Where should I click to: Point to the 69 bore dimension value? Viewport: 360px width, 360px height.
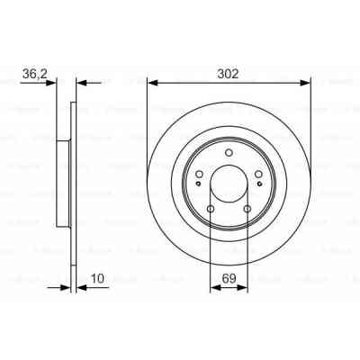[x=229, y=278]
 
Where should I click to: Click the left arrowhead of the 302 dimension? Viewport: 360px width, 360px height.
[x=151, y=84]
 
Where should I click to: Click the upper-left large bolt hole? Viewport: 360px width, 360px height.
[x=199, y=175]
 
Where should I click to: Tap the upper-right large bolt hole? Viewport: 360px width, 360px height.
[x=258, y=175]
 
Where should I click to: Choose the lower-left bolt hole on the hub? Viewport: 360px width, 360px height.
[x=211, y=209]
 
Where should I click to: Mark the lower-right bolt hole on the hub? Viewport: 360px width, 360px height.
[x=247, y=209]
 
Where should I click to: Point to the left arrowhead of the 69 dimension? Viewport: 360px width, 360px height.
[x=214, y=288]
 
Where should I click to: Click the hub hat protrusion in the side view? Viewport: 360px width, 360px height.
[x=61, y=185]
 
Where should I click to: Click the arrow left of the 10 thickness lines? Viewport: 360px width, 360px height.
[x=63, y=288]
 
